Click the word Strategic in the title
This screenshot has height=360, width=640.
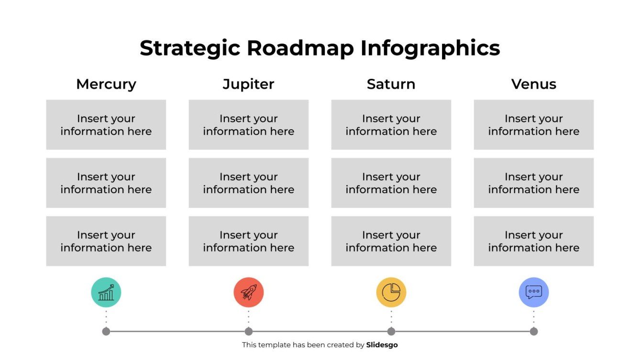(190, 49)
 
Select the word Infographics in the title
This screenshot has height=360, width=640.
(430, 49)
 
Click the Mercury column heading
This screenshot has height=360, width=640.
(106, 84)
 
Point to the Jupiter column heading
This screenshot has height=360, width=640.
(248, 84)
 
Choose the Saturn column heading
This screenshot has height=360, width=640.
(391, 84)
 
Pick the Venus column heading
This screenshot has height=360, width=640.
(533, 84)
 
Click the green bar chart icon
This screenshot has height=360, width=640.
(106, 292)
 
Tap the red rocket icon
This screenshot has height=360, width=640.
(248, 292)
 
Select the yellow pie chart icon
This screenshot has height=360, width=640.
(391, 292)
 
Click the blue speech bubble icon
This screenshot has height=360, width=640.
(533, 292)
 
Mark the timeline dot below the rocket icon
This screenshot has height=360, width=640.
(248, 331)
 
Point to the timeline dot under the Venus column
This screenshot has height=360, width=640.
(534, 331)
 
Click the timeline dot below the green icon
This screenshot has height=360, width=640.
(106, 331)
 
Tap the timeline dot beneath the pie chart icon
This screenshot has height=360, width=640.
(391, 331)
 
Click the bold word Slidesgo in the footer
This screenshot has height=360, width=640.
(382, 345)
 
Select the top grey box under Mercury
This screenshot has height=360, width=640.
(106, 125)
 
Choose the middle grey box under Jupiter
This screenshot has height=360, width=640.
(248, 183)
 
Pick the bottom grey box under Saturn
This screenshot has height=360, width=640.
(391, 241)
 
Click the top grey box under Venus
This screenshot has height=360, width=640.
(533, 125)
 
